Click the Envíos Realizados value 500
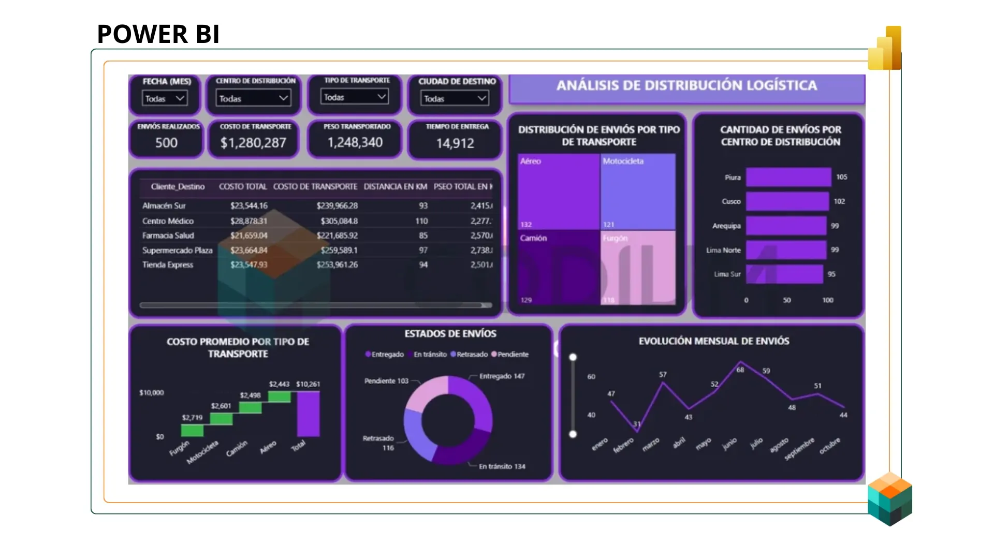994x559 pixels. (166, 143)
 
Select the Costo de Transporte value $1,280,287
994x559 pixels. (253, 143)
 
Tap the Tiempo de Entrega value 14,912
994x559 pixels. (455, 143)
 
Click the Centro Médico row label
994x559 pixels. (168, 221)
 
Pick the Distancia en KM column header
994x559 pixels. (395, 186)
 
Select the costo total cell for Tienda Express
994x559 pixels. (249, 264)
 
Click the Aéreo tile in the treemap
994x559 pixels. (559, 192)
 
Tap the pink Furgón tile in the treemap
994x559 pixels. (638, 267)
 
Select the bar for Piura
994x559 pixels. (788, 177)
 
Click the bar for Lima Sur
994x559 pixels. (784, 274)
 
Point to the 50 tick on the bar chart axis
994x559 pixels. (786, 300)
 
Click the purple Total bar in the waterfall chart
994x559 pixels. (308, 414)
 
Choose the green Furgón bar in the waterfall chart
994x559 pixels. (192, 430)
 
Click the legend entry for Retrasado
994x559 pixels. (469, 355)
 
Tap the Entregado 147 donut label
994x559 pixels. (501, 376)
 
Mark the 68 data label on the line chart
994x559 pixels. (740, 370)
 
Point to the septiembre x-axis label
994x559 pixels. (799, 449)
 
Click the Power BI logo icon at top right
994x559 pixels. (885, 49)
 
